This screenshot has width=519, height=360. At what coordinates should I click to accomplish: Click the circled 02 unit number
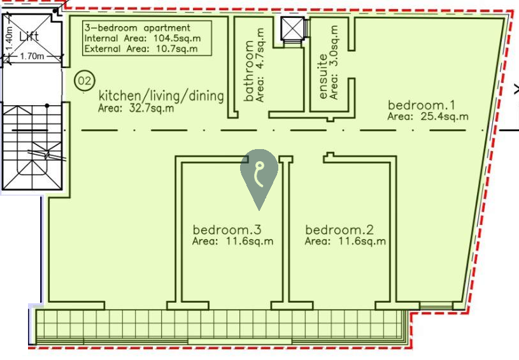[x=85, y=81]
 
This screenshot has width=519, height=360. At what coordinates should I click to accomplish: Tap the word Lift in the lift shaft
[x=29, y=36]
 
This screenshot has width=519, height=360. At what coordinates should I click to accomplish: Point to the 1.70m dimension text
[x=32, y=56]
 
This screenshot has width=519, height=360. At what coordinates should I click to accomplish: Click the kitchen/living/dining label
[x=161, y=96]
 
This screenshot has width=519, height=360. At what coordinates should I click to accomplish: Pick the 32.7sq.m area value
[x=152, y=108]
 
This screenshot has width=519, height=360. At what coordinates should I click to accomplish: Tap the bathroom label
[x=248, y=71]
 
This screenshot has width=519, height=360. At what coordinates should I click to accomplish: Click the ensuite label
[x=323, y=76]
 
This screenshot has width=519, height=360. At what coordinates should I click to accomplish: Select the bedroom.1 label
[x=422, y=105]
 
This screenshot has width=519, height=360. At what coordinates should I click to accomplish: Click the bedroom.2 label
[x=339, y=229]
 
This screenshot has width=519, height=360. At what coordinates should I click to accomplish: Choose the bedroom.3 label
[x=227, y=229]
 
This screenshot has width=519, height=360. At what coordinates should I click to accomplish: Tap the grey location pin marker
[x=259, y=175]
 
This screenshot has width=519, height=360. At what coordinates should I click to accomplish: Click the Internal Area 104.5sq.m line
[x=143, y=38]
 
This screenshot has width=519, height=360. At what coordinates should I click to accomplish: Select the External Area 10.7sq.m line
[x=141, y=48]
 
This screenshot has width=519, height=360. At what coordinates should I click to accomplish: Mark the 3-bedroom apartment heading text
[x=138, y=27]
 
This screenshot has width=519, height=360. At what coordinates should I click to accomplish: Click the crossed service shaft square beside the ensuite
[x=292, y=28]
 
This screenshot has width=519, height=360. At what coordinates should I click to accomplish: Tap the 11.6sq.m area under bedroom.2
[x=362, y=241]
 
